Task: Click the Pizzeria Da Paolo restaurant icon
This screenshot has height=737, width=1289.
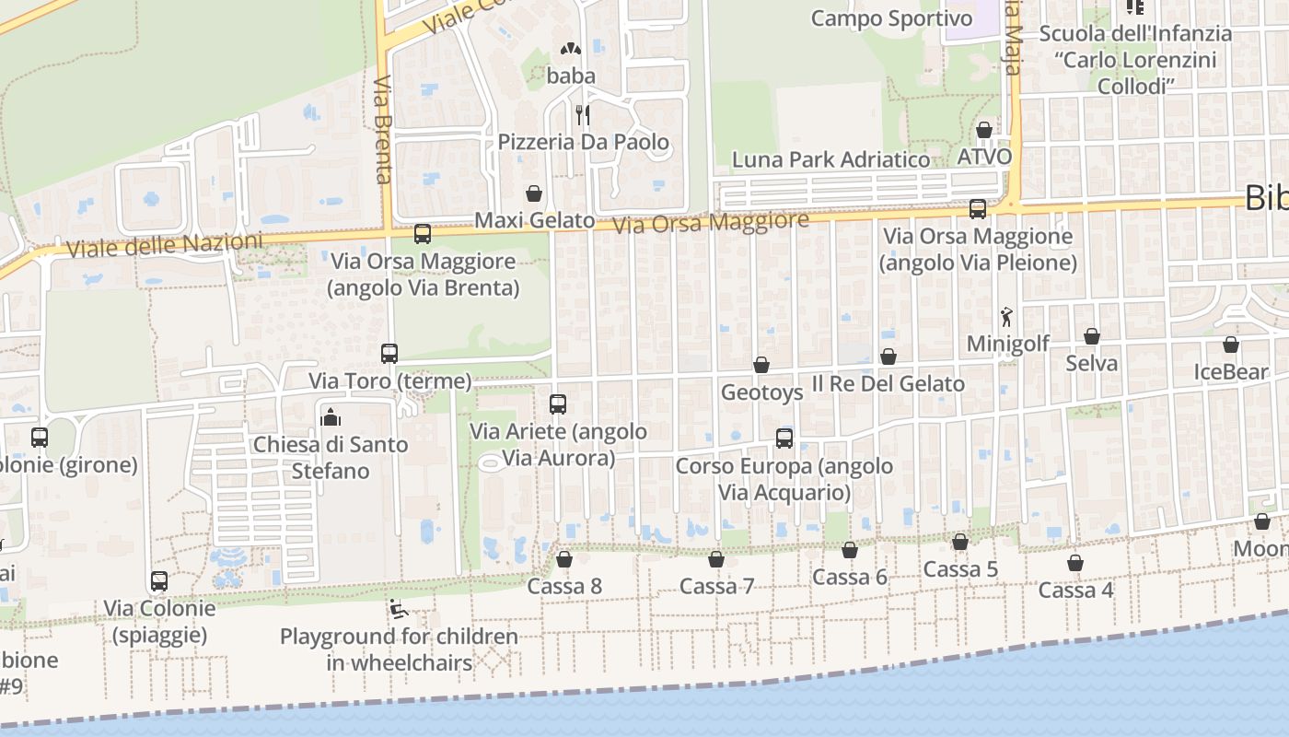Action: [x=582, y=115]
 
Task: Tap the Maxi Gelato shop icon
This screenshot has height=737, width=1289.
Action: [x=534, y=193]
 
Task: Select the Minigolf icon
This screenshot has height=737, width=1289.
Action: [x=1006, y=317]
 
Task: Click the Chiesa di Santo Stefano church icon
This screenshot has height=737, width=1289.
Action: [x=330, y=417]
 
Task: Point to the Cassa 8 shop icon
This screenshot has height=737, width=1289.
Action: [x=564, y=559]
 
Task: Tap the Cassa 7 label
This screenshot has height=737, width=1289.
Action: [x=716, y=586]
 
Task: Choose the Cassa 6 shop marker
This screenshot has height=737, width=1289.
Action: [x=850, y=550]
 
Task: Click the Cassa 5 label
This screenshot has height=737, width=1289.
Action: [x=960, y=569]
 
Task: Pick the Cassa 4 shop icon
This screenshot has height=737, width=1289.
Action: [x=1075, y=563]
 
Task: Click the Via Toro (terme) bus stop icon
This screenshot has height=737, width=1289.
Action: [x=389, y=353]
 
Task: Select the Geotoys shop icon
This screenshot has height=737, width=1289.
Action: [x=761, y=365]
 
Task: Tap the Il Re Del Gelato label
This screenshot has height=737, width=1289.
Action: [x=888, y=383]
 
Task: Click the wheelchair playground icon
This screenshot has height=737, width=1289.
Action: [x=399, y=609]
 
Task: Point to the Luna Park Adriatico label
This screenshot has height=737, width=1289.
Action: [x=830, y=159]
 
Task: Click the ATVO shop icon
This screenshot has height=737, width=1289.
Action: [x=984, y=130]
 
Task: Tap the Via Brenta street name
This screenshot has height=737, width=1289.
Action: [x=384, y=129]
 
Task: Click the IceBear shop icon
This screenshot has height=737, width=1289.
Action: [x=1231, y=345]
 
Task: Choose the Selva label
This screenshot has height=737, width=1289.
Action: [x=1092, y=363]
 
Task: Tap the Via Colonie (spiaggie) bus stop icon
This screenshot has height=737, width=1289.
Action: [x=159, y=581]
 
